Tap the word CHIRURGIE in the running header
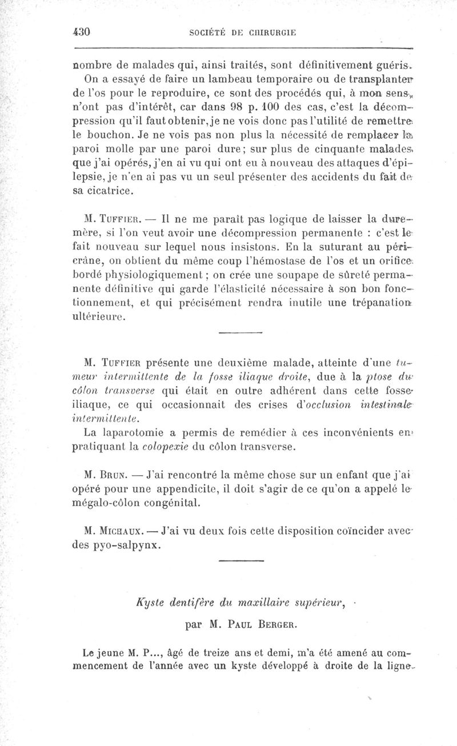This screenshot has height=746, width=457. pos(267,33)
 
